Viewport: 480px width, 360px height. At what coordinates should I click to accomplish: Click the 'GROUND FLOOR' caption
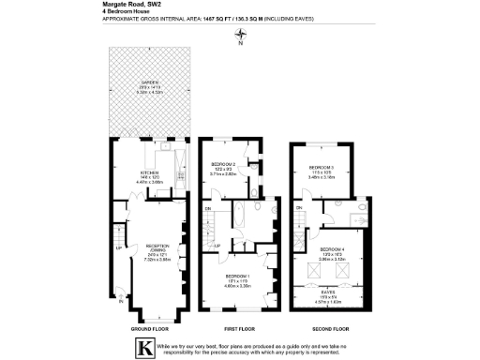(150, 329)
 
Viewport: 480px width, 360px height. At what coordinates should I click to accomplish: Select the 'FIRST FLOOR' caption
(239, 329)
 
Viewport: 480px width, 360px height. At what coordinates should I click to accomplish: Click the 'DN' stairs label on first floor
(208, 208)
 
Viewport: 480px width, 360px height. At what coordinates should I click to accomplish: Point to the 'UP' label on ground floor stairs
(118, 249)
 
